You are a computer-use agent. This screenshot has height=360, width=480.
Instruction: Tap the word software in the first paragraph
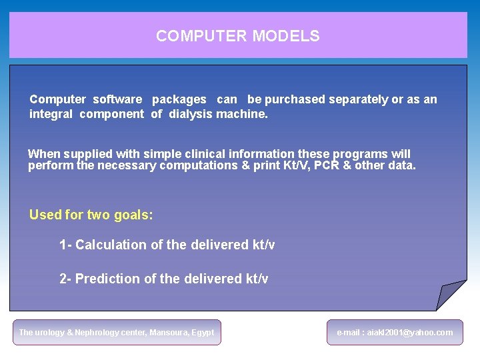[x=117, y=99]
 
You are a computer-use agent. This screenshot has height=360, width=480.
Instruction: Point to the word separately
[x=356, y=99]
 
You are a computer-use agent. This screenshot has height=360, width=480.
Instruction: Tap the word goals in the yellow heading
[x=133, y=215]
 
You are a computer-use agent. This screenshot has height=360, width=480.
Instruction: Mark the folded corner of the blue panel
[x=450, y=294]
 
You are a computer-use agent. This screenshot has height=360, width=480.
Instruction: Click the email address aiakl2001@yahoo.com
[x=410, y=332]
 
